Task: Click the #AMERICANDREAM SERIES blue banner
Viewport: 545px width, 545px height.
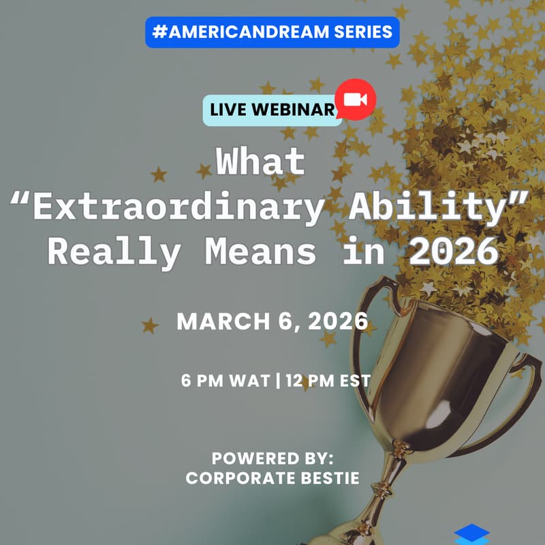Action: [x=272, y=32]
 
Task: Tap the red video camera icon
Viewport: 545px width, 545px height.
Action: [x=356, y=99]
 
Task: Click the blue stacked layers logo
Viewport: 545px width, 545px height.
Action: [x=471, y=534]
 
